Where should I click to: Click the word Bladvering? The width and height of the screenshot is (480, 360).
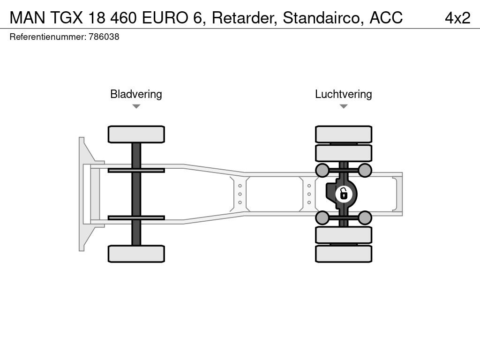[x=136, y=94]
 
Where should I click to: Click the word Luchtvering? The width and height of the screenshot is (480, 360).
[x=343, y=94]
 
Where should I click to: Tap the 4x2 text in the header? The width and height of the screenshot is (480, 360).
[x=457, y=18]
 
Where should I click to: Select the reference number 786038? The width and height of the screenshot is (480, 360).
[x=104, y=37]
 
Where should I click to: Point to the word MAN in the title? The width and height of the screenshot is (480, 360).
[x=28, y=18]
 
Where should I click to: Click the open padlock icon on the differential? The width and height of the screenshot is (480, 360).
[x=344, y=193]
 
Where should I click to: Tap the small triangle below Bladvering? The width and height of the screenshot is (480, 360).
[x=136, y=106]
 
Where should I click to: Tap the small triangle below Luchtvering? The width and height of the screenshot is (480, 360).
[x=344, y=106]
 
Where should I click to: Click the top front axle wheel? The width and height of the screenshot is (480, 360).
[x=136, y=134]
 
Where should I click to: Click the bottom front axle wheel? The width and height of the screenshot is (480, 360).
[x=136, y=254]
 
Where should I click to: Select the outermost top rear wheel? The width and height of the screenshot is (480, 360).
[x=344, y=134]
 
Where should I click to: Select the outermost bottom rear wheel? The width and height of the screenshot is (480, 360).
[x=344, y=254]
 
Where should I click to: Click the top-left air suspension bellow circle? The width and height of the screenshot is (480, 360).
[x=322, y=170]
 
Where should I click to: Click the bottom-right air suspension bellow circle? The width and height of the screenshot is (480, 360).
[x=365, y=217]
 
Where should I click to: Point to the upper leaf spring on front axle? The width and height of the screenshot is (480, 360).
[x=136, y=170]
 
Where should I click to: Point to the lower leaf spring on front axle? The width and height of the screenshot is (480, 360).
[x=136, y=217]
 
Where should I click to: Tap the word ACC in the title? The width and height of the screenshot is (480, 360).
[x=386, y=18]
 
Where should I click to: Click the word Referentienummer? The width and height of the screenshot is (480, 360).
[x=47, y=37]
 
